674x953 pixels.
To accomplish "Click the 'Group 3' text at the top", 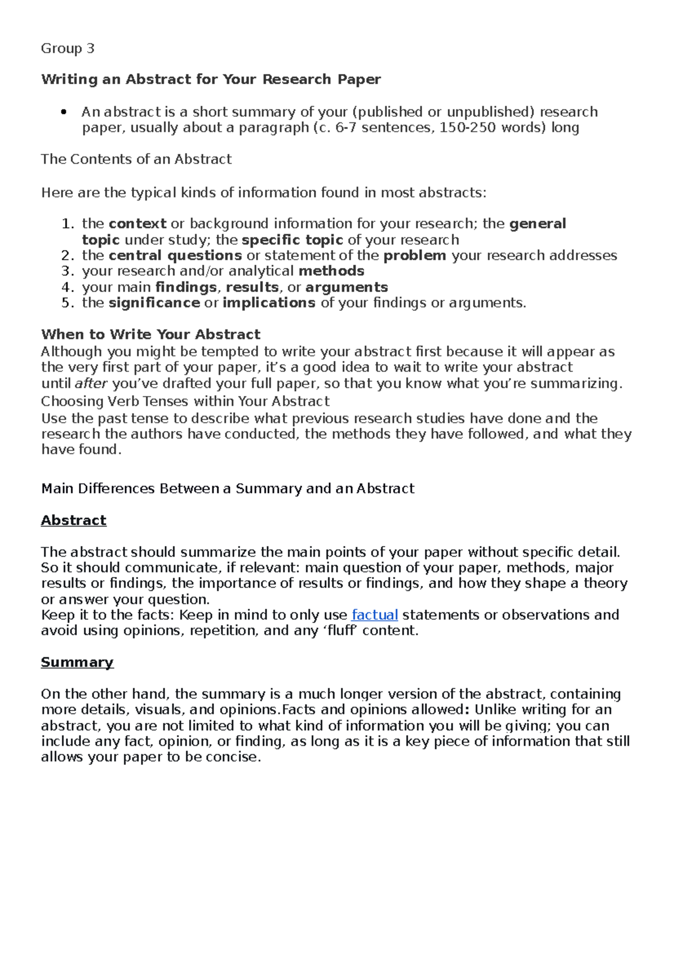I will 67,49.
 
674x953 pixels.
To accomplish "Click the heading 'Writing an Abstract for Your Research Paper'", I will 211,79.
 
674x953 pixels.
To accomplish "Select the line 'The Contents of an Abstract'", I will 136,159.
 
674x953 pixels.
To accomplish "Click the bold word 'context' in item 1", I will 138,224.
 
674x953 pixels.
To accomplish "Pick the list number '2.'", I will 67,256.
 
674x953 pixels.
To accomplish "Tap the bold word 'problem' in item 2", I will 415,256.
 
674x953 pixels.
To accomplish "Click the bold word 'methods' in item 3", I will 331,272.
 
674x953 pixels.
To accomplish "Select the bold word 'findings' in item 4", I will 186,287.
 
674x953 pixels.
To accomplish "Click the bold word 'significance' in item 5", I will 154,303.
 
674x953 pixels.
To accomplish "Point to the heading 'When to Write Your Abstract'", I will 151,335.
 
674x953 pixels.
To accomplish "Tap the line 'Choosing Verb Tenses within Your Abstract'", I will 185,402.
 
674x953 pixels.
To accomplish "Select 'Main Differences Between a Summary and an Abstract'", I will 227,489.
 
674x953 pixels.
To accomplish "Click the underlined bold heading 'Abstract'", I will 74,521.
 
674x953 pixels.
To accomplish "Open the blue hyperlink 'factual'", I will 375,615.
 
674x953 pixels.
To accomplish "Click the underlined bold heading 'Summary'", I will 77,663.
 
